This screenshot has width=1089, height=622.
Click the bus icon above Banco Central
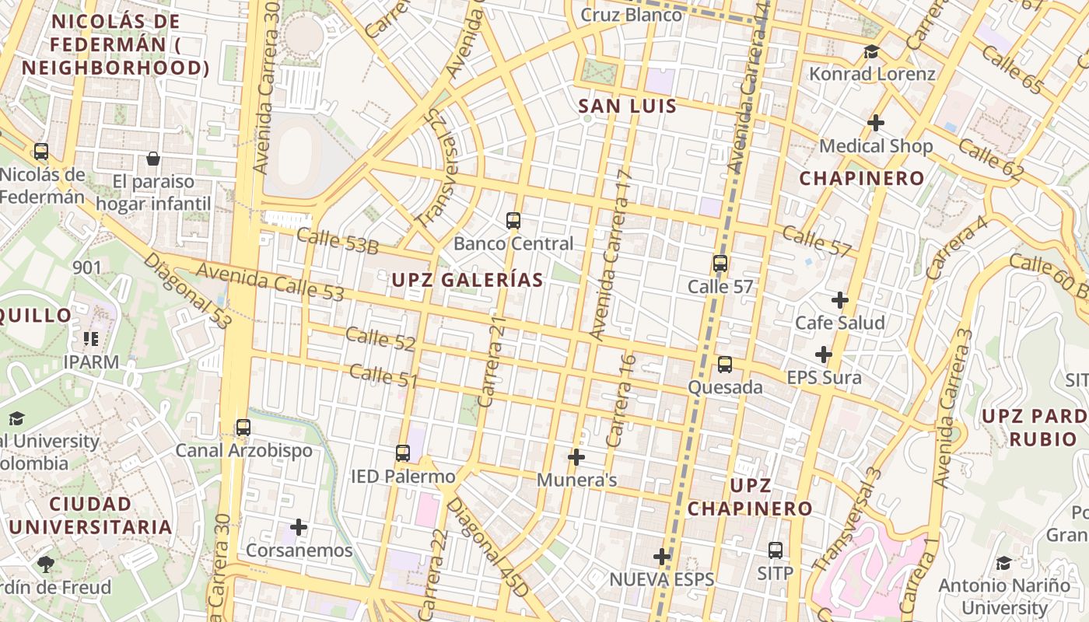tap(513, 221)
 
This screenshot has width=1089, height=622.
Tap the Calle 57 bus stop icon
tap(720, 264)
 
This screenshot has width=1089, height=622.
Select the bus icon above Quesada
tap(725, 365)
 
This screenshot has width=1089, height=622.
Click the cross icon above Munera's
tap(576, 457)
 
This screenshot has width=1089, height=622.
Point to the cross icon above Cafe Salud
tap(840, 299)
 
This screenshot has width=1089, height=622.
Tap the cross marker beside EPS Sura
tap(824, 355)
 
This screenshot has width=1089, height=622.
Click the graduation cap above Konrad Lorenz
tap(871, 52)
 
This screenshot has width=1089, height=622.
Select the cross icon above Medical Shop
tap(876, 123)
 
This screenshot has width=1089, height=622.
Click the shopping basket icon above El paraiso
tap(153, 159)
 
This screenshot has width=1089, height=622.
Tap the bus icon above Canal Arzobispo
tap(243, 428)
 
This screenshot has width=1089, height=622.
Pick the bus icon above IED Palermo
tap(402, 453)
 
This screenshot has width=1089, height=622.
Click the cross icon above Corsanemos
tap(299, 528)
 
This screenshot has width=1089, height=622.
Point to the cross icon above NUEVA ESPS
tap(662, 557)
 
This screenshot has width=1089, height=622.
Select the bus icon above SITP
tap(776, 550)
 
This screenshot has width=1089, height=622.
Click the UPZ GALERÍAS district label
tap(467, 280)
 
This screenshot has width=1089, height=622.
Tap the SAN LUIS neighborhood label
tap(628, 107)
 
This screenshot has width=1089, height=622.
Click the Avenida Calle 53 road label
tap(270, 281)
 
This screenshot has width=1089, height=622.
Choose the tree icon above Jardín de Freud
tap(45, 564)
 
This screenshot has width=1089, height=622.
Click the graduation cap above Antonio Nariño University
tap(1004, 562)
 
